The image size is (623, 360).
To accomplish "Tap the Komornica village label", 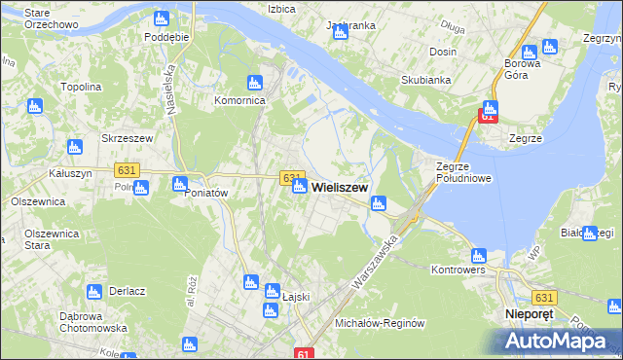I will click(240, 100).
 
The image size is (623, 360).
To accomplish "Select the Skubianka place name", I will click(421, 83).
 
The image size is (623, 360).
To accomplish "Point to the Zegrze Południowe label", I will click(463, 172).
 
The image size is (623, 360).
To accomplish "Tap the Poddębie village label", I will click(165, 36).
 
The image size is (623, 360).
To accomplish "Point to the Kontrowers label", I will click(458, 270).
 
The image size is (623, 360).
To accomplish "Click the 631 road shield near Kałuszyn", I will click(127, 169).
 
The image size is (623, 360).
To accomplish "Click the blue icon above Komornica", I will click(255, 83).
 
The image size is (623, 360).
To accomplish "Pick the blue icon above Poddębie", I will click(162, 18).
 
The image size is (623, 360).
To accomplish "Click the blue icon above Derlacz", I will click(94, 291).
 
